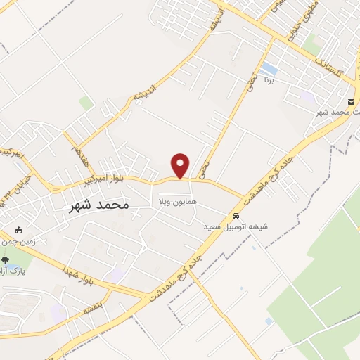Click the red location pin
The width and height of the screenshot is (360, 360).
coord(181,165)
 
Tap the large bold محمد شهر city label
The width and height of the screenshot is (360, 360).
coord(100,205)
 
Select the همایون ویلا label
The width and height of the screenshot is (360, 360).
coord(175,202)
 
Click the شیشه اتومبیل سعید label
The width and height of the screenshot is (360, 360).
coord(236,227)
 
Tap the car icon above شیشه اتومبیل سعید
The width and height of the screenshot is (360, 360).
coord(236,216)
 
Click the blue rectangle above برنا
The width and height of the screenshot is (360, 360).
coord(268,68)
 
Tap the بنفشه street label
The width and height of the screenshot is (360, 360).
coord(93,307)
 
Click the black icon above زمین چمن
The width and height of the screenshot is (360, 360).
coord(19,231)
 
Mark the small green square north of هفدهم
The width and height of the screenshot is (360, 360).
coord(85,103)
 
